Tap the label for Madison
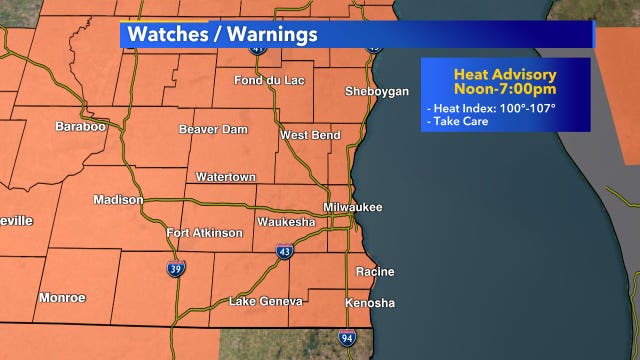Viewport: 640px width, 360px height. [118, 199]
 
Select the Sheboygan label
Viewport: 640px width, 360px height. [376, 91]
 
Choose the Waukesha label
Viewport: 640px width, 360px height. [286, 220]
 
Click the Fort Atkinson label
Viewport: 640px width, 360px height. [204, 233]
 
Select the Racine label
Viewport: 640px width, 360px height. [375, 271]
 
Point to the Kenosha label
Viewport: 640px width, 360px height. [369, 303]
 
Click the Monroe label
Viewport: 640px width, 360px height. [62, 298]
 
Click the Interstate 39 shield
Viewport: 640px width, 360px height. [175, 268]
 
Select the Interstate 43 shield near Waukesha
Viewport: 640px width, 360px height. [284, 252]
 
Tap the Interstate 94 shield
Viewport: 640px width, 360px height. [346, 338]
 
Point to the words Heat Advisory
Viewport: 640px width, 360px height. [505, 73]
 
